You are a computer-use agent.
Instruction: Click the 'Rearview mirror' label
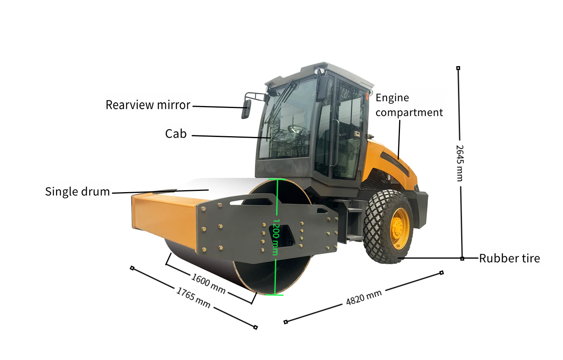(x=148, y=105)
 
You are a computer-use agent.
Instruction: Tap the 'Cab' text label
(x=176, y=134)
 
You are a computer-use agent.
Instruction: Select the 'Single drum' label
(x=77, y=192)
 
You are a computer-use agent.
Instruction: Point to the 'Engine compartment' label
(x=409, y=105)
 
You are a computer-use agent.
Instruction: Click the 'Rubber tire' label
(x=509, y=258)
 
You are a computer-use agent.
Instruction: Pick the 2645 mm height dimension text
(x=460, y=163)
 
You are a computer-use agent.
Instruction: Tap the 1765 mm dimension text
(x=193, y=297)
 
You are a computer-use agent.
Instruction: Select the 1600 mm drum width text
(x=208, y=283)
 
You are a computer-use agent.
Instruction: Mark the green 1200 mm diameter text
(x=276, y=237)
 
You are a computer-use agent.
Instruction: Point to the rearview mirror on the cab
(x=246, y=109)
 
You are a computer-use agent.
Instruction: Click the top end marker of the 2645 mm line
(x=458, y=68)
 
